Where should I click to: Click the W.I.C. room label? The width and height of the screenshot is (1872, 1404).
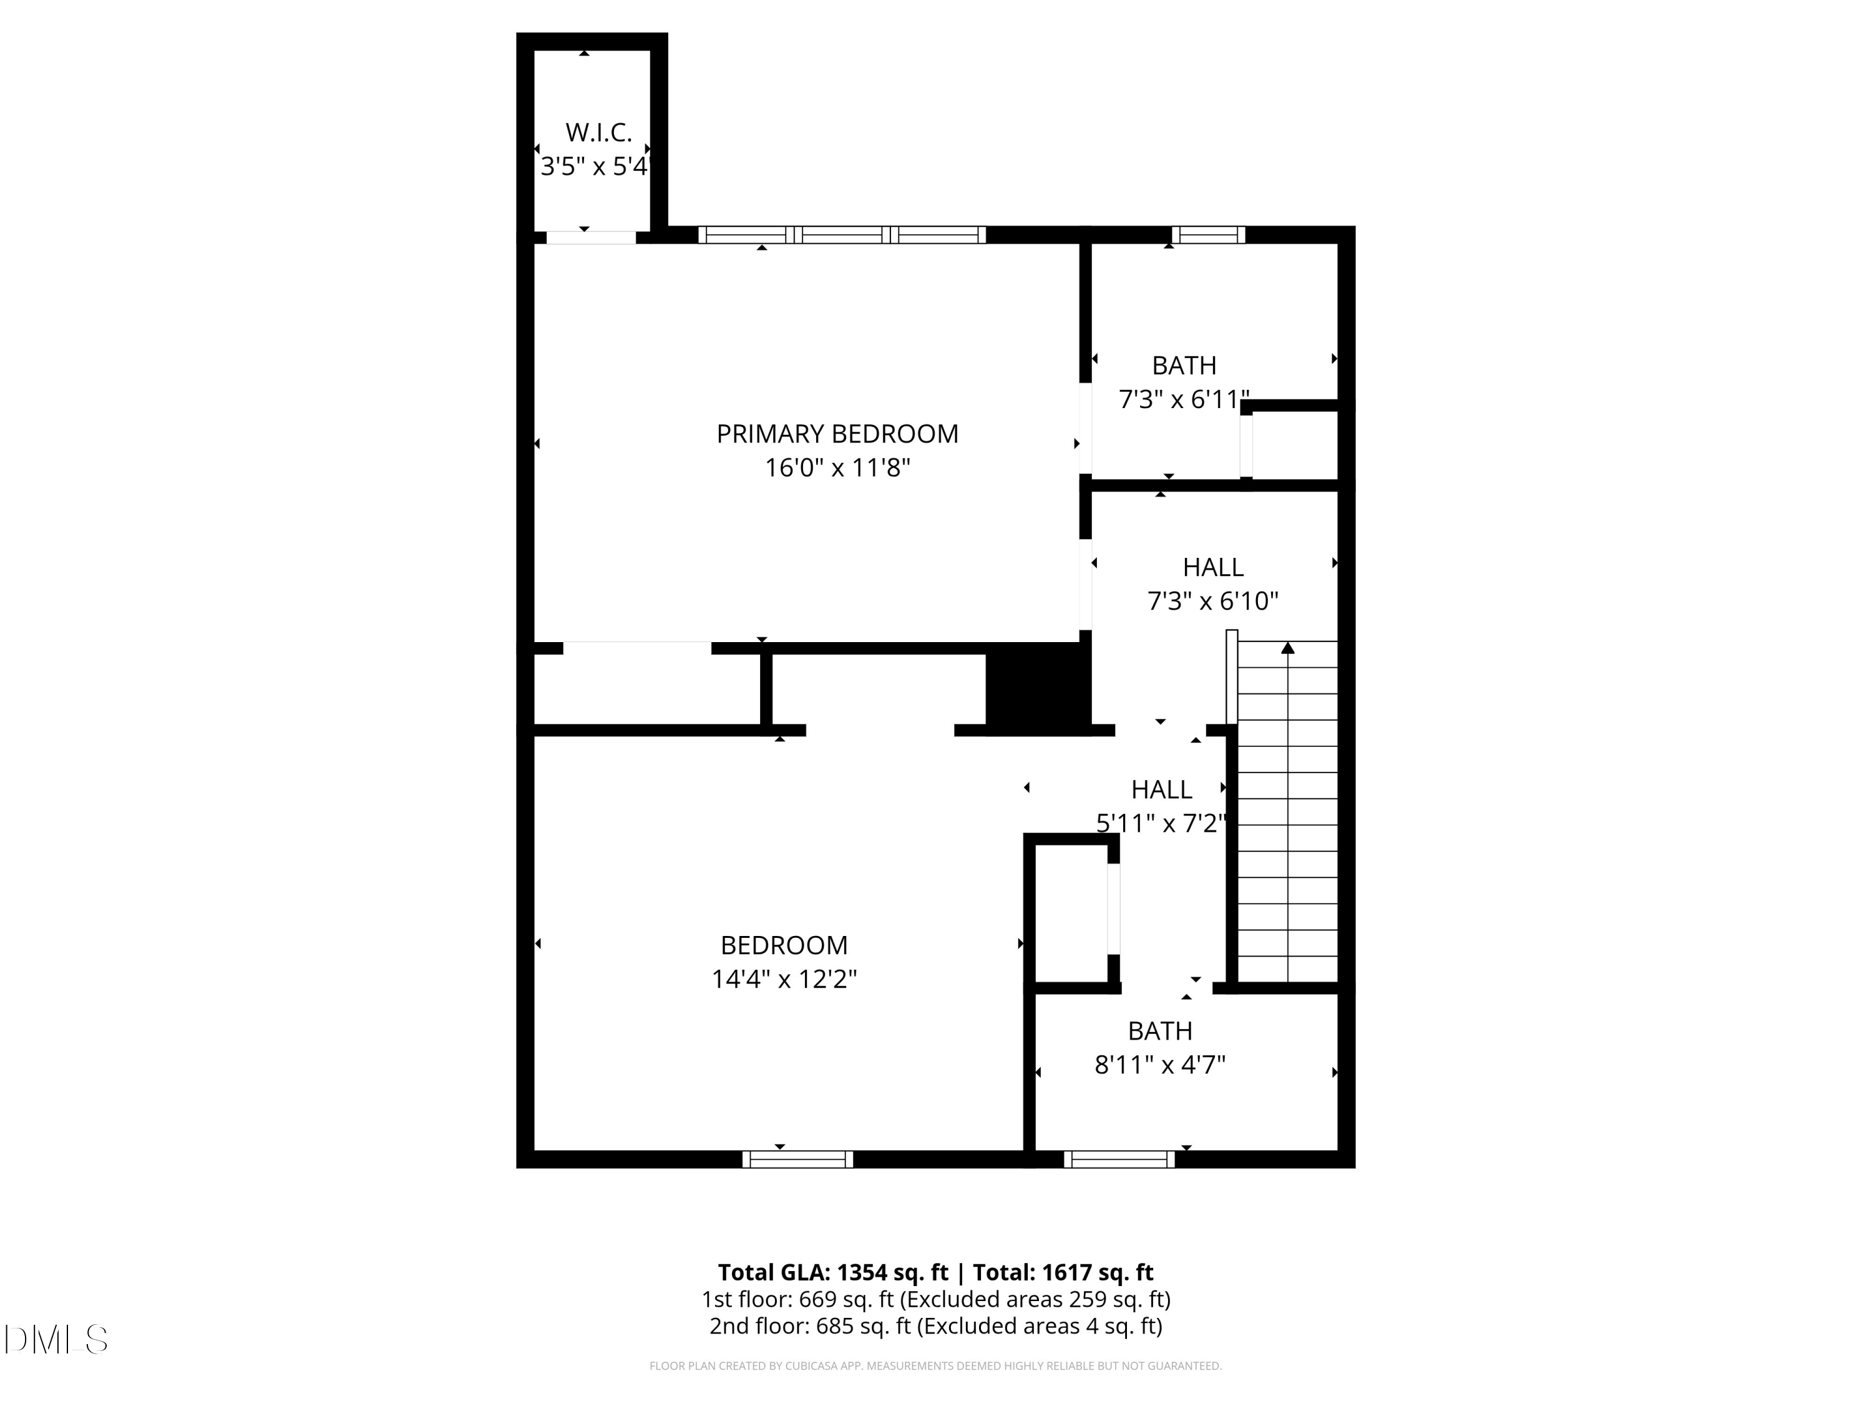[x=598, y=133]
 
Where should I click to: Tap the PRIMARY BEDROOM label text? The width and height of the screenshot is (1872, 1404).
[x=837, y=434]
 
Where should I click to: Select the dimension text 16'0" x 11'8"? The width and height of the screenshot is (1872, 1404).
[x=837, y=468]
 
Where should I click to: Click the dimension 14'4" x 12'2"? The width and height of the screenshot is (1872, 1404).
[x=784, y=979]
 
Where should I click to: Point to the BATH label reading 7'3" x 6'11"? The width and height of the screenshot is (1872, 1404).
[x=1184, y=366]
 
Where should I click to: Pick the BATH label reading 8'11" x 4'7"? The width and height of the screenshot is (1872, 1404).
[x=1159, y=1031]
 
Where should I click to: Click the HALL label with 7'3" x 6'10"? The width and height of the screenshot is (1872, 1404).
[x=1212, y=567]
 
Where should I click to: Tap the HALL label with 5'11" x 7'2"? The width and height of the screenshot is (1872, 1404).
[x=1161, y=789]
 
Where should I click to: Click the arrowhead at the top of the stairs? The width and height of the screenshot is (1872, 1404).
[x=1287, y=648]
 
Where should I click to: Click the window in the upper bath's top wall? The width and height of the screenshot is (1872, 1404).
[x=1207, y=235]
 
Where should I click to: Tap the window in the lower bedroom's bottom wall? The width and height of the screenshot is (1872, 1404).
[x=797, y=1159]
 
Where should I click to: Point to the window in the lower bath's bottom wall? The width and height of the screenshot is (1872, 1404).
[x=1119, y=1159]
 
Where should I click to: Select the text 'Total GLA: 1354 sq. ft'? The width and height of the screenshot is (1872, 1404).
[x=833, y=1272]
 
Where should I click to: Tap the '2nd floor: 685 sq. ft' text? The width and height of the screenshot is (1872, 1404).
[x=810, y=1326]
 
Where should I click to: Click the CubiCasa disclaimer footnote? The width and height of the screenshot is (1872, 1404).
[x=935, y=1366]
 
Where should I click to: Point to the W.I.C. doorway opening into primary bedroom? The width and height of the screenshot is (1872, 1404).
[x=591, y=238]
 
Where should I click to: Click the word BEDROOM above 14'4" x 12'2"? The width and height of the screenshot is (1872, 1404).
[x=784, y=945]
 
